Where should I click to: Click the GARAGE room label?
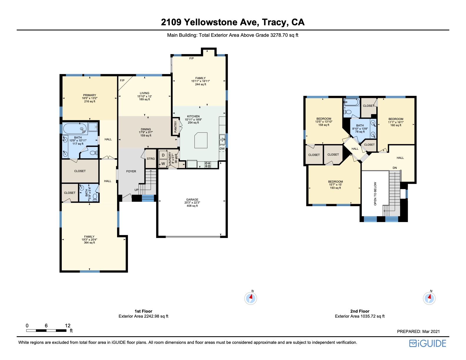192,199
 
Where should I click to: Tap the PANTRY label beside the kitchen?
175,126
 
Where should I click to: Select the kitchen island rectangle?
201,140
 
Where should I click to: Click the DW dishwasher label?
222,149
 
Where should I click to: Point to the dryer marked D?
163,155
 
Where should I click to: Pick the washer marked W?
163,164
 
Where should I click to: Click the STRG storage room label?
151,159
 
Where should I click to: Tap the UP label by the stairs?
137,190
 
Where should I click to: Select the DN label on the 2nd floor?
395,168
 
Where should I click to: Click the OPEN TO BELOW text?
375,194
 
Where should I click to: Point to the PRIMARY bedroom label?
90,95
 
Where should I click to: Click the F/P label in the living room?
122,80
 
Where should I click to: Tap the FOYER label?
131,171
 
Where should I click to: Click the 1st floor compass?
250,298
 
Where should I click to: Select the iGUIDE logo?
427,344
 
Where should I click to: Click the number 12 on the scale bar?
68,326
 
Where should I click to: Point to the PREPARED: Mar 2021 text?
418,331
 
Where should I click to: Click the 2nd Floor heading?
360,311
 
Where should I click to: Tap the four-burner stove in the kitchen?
208,164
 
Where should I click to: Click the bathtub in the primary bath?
75,129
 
